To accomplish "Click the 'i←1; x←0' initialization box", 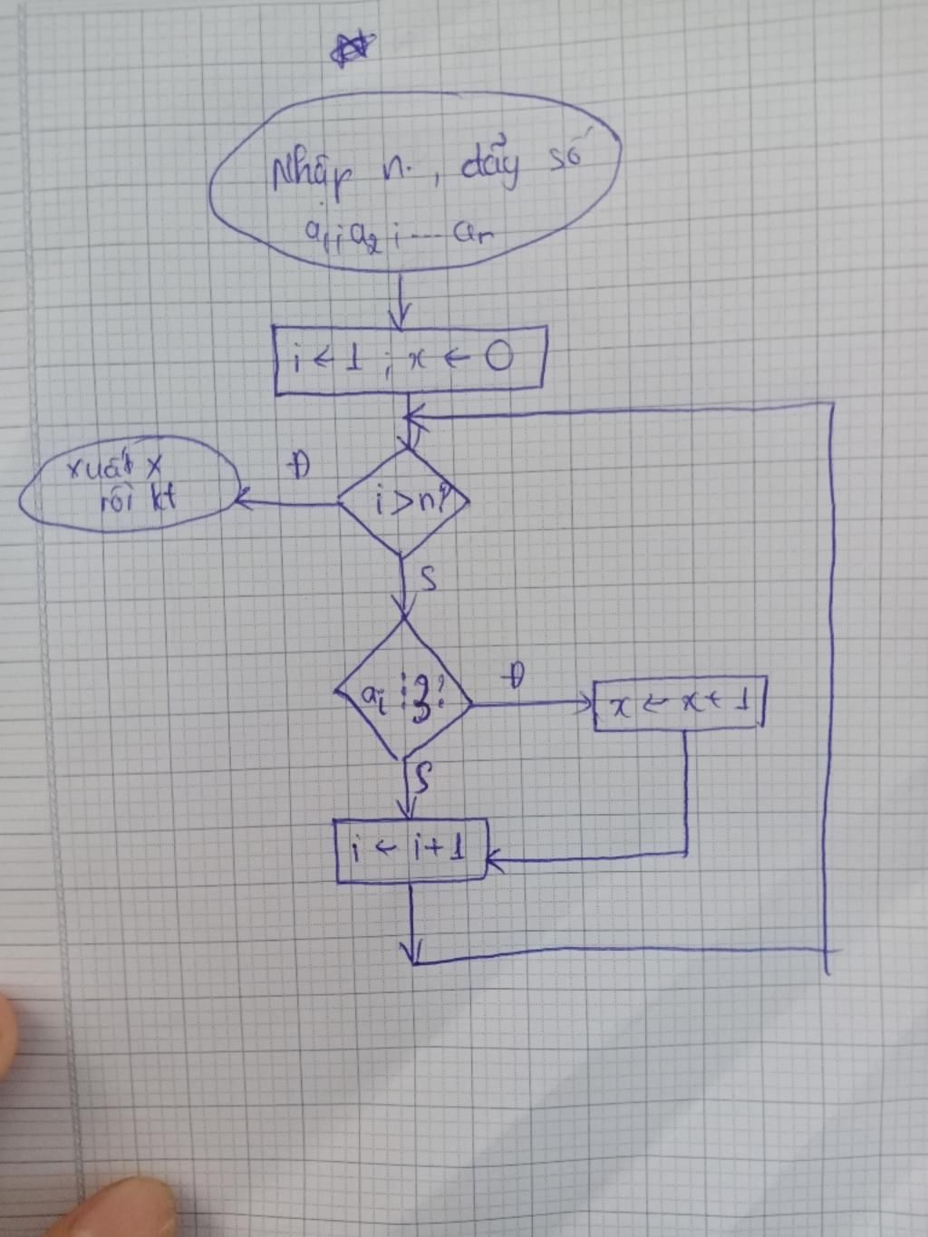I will tap(410, 360).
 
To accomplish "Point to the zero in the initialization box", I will tap(498, 359).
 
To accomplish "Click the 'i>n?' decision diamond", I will tap(403, 501).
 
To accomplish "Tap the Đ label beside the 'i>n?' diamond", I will tap(297, 466).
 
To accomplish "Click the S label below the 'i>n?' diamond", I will tap(428, 577).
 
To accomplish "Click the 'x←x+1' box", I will tap(678, 704).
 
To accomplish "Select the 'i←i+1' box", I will tap(412, 850).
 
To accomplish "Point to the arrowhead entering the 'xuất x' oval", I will tap(242, 498).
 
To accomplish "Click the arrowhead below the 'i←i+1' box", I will tap(413, 952).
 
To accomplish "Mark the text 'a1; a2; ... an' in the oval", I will tap(399, 237).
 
